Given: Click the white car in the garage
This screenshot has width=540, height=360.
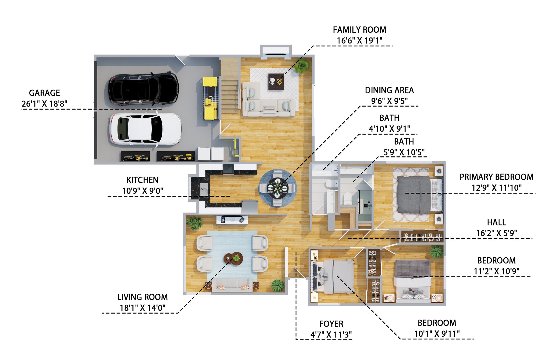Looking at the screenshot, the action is pyautogui.click(x=145, y=129).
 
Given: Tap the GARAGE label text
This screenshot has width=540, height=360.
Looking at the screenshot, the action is pyautogui.click(x=44, y=93).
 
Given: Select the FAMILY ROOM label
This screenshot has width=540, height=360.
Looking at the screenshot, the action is pyautogui.click(x=359, y=30).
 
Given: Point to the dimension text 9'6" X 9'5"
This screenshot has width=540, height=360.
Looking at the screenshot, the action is pyautogui.click(x=390, y=101).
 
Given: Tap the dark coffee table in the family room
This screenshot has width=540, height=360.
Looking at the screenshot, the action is pyautogui.click(x=276, y=82).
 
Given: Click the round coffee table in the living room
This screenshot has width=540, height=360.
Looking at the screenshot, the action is pyautogui.click(x=233, y=258).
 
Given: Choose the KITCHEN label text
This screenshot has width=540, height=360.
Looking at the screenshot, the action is pyautogui.click(x=142, y=180).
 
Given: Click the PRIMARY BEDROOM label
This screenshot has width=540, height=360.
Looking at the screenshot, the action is pyautogui.click(x=496, y=177).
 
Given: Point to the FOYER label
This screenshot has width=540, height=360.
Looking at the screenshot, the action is pyautogui.click(x=331, y=324).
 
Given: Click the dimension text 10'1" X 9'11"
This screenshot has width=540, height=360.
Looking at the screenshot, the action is pyautogui.click(x=437, y=334).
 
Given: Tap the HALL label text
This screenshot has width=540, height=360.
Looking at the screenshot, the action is pyautogui.click(x=496, y=222).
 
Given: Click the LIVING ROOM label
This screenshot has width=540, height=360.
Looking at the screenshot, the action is pyautogui.click(x=142, y=297).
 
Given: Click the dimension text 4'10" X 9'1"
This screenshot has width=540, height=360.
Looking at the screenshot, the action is pyautogui.click(x=390, y=129).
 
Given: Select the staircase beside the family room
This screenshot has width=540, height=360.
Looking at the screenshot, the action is pyautogui.click(x=230, y=85).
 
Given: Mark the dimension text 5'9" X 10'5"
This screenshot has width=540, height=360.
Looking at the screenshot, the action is pyautogui.click(x=404, y=152).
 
